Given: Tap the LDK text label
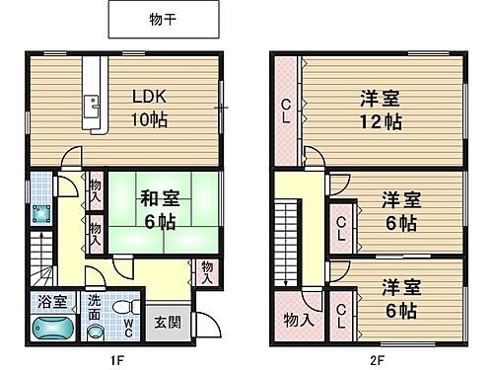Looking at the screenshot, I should click(x=151, y=97).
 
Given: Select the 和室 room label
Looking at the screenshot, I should click(x=158, y=196).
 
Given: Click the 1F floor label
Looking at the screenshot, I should click(x=117, y=359).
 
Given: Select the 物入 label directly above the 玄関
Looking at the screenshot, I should click(x=206, y=271).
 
